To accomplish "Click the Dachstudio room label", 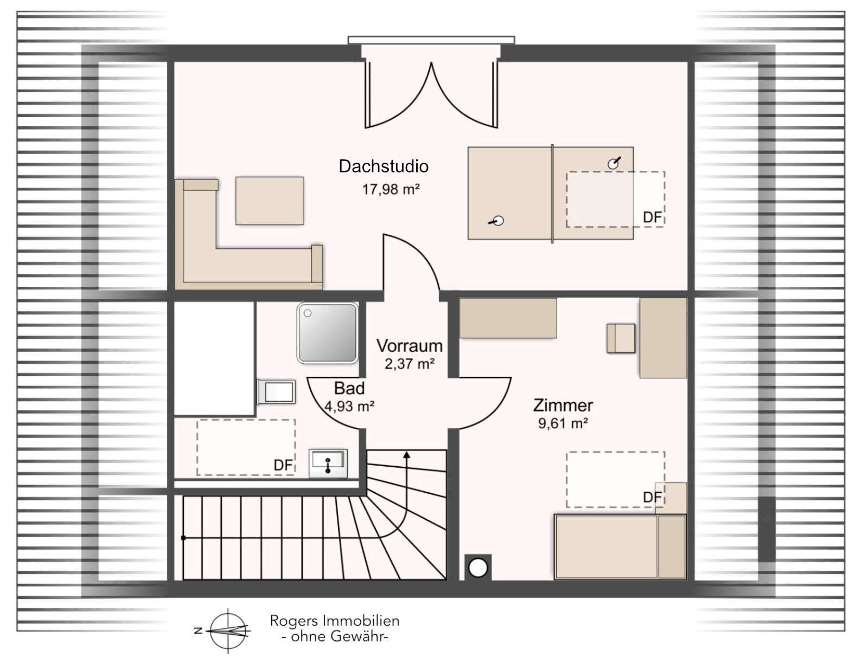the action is click(383, 166).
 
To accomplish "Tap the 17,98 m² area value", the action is click(391, 190).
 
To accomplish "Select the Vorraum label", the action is click(409, 346).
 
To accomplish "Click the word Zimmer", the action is click(563, 405).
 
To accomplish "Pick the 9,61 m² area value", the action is click(563, 423).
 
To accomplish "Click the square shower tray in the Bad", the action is click(328, 333).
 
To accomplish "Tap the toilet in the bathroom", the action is click(277, 392).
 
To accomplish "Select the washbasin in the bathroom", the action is click(328, 464).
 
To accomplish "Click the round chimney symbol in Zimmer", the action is click(478, 568).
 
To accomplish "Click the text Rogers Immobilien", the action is click(335, 621).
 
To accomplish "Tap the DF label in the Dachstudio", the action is click(652, 217).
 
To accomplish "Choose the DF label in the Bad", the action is click(283, 466).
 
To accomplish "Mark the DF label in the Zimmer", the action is click(652, 497).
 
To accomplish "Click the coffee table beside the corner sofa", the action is click(270, 201).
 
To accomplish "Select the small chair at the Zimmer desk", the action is click(621, 338).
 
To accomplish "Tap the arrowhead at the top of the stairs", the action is click(406, 455).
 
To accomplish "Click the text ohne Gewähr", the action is click(335, 636).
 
